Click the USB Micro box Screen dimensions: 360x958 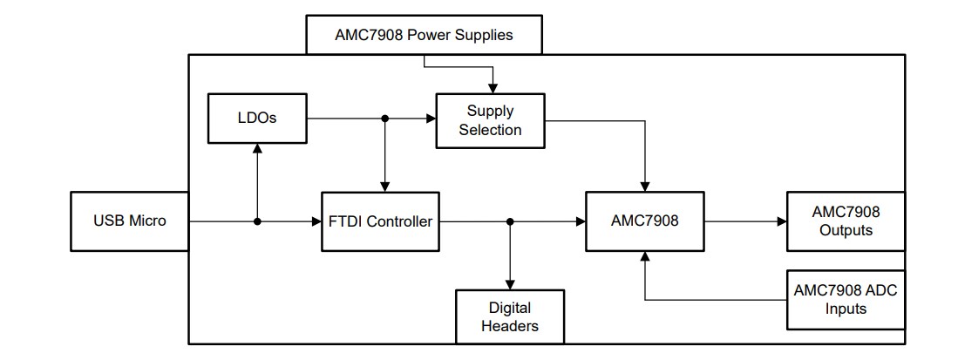point(129,221)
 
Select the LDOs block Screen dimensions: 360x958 point(257,117)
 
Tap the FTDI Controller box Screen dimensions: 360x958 point(380,221)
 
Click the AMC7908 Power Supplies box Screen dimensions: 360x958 point(424,37)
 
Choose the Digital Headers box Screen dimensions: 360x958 point(510,316)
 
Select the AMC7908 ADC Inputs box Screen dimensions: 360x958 point(845,299)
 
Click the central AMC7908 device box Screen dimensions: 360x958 point(645,221)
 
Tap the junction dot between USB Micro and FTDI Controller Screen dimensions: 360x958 point(257,221)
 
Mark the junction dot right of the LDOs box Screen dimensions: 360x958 point(384,117)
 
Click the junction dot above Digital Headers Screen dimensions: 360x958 point(510,221)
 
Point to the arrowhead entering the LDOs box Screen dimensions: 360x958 point(257,148)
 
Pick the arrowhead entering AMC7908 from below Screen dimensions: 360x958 point(645,256)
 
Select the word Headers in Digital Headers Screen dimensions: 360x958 point(510,326)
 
